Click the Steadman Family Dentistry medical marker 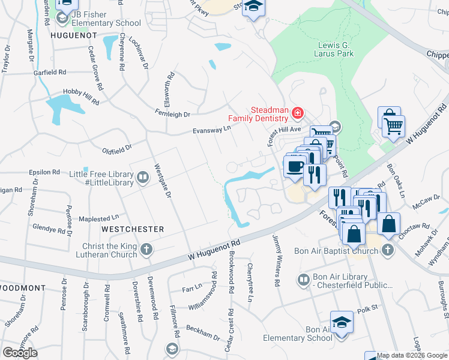click(x=297, y=113)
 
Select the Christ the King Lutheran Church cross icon click(x=146, y=249)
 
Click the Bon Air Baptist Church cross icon click(x=388, y=250)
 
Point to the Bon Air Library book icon click(x=304, y=280)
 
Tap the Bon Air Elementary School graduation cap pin click(x=342, y=321)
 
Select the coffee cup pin click(x=294, y=166)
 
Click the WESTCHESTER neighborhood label click(x=133, y=229)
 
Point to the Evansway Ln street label click(x=211, y=130)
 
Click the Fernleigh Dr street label click(x=172, y=113)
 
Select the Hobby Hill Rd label click(x=81, y=98)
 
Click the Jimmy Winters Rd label click(x=277, y=260)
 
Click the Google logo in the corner click(x=20, y=352)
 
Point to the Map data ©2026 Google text click(x=412, y=355)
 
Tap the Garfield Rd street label click(x=50, y=73)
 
